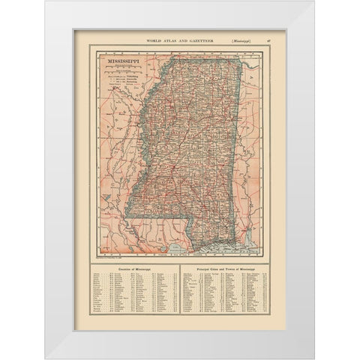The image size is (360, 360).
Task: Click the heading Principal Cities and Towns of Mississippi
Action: coord(223,268)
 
